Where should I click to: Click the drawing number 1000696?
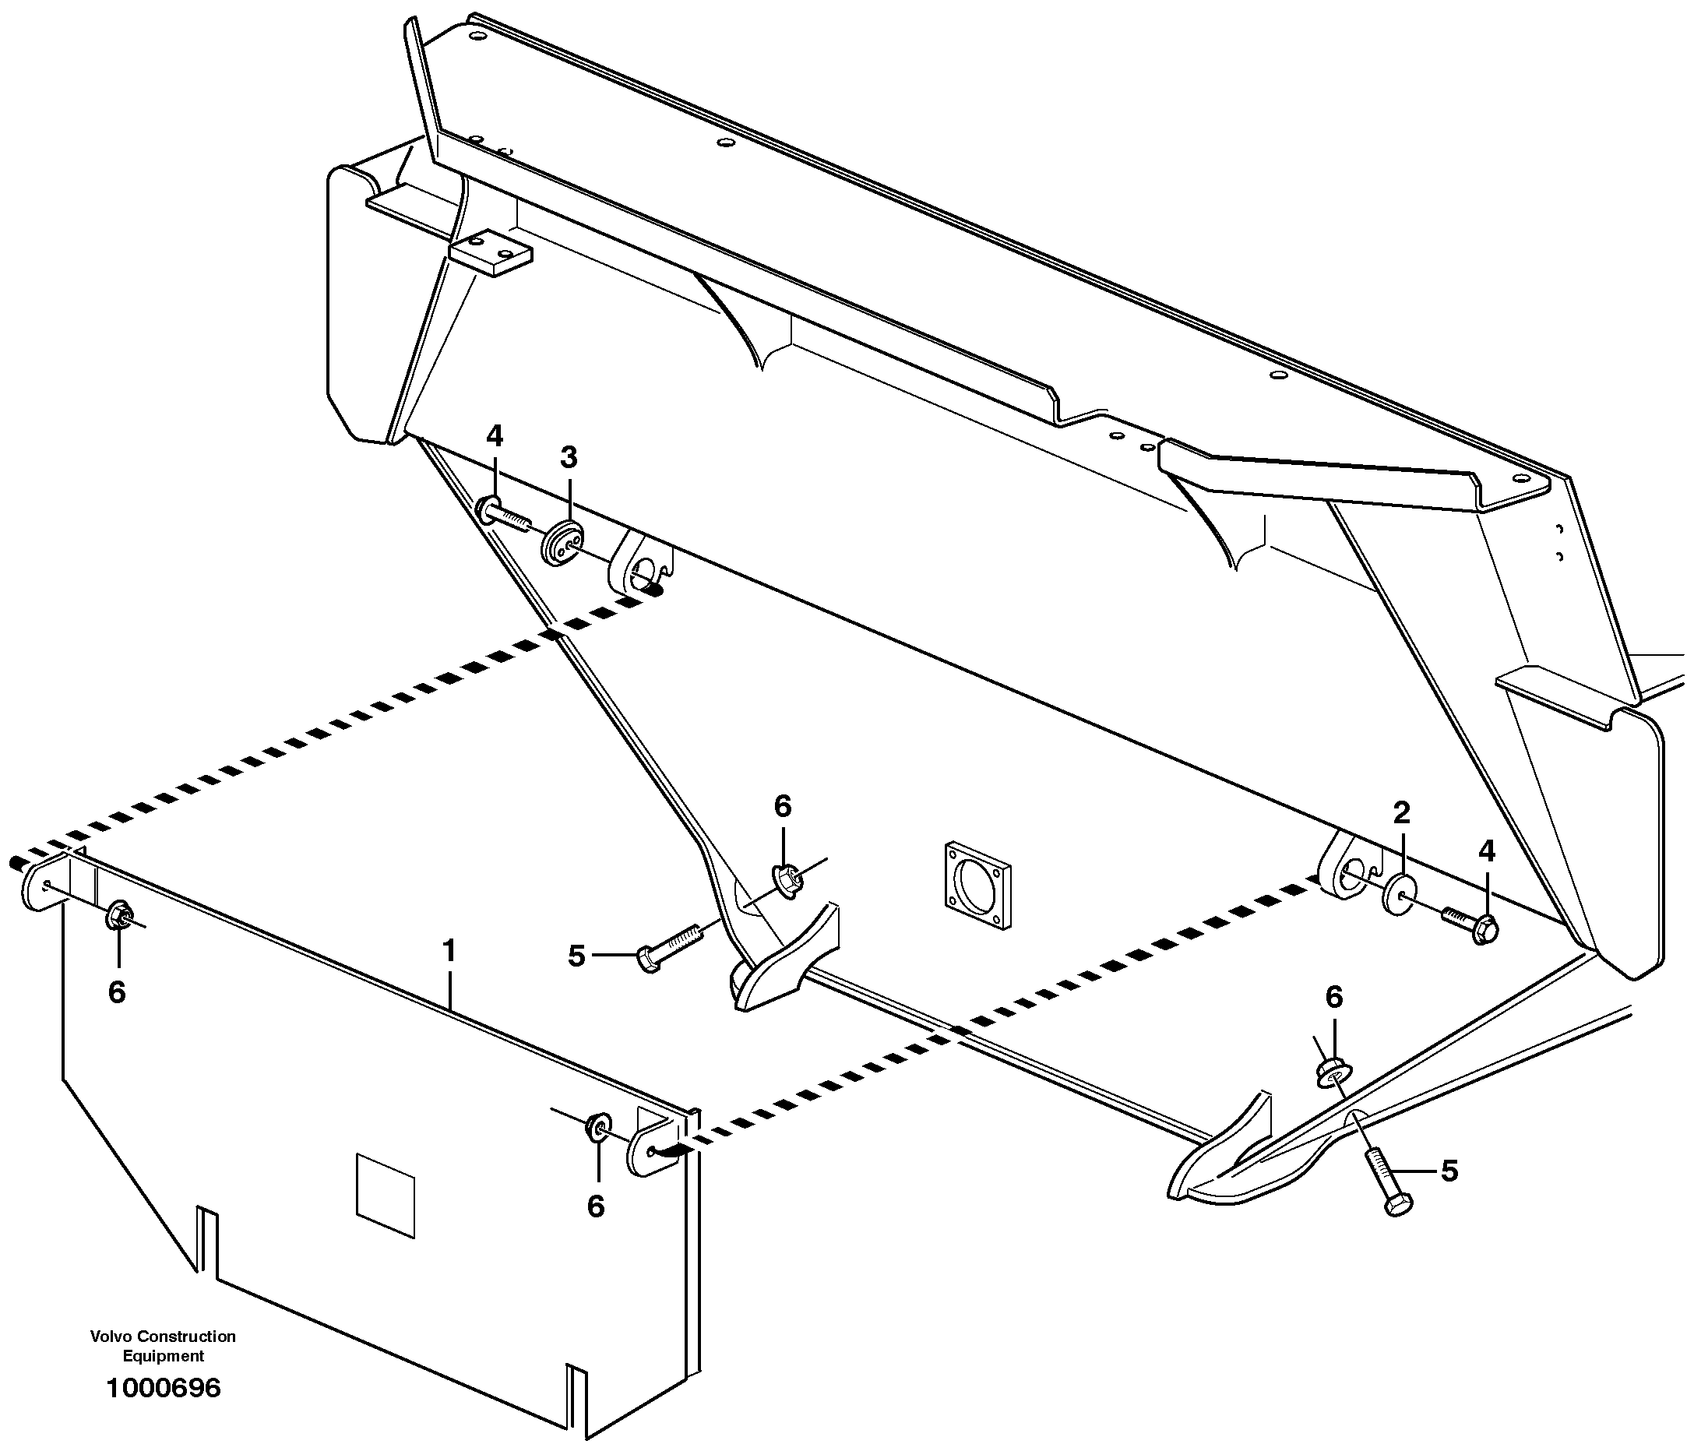164,1389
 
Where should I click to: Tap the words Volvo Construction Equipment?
163,1346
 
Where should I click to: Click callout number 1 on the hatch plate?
448,951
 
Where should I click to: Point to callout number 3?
569,457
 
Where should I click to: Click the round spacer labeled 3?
562,542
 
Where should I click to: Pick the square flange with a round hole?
977,886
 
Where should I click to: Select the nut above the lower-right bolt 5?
1333,1072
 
